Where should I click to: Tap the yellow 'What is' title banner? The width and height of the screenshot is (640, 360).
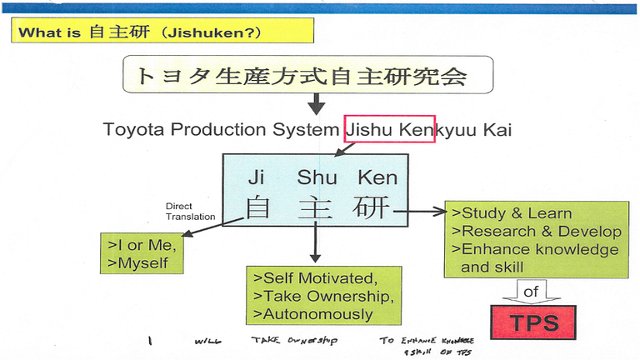(x=162, y=32)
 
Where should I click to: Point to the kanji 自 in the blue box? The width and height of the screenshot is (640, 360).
(x=258, y=207)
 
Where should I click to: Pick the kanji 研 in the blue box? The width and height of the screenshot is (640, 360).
(x=371, y=207)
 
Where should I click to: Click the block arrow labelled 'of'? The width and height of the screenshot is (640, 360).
(x=532, y=292)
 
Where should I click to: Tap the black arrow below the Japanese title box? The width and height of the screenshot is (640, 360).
(x=316, y=104)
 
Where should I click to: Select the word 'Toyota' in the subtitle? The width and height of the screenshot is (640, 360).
(x=131, y=130)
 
